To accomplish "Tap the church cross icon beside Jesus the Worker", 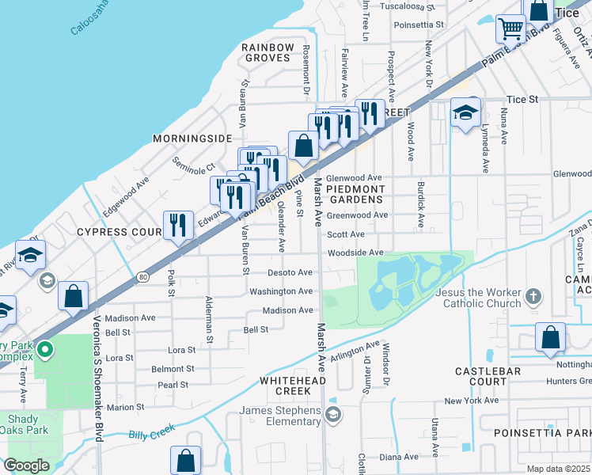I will [533, 297].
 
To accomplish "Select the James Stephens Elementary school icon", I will [333, 415].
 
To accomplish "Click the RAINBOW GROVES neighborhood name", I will [268, 53].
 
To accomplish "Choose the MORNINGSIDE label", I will [188, 138].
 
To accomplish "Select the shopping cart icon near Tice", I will [510, 28].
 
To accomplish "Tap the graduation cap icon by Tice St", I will [466, 112].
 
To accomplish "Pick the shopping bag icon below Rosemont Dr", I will [303, 146].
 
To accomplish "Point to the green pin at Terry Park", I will [46, 348].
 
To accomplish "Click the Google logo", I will [26, 465].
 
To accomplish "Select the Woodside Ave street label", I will [355, 253].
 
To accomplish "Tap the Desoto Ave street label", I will [290, 272].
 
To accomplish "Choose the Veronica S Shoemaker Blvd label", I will [99, 355].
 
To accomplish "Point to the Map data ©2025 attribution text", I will [558, 469].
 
